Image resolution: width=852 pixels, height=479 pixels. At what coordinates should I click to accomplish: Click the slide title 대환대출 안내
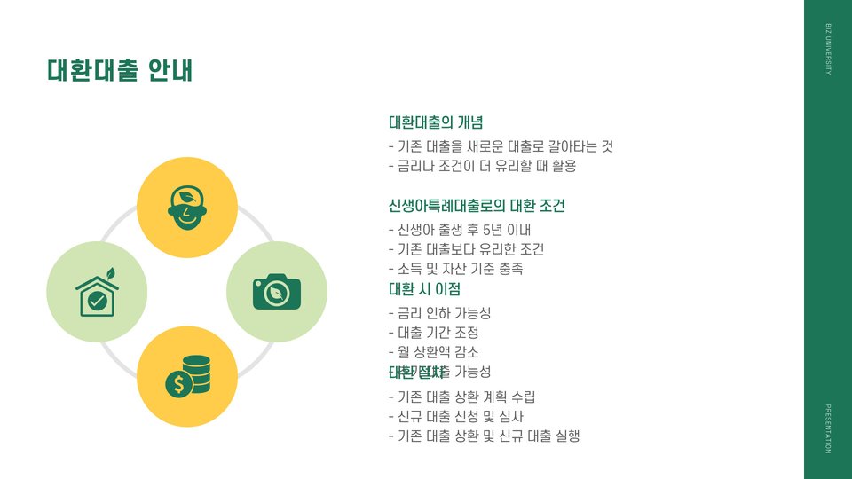tap(120, 70)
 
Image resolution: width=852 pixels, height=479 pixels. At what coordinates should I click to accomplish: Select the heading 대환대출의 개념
tap(435, 122)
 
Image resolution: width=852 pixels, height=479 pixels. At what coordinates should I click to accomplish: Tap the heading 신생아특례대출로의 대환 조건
tap(477, 206)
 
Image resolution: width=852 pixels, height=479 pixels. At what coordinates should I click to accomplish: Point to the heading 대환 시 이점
tap(424, 289)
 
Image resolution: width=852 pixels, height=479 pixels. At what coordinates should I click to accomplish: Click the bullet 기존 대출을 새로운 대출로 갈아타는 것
tap(501, 146)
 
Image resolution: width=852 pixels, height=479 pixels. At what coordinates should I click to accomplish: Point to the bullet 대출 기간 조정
tap(434, 333)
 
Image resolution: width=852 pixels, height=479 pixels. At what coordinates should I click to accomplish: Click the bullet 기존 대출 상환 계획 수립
tap(461, 397)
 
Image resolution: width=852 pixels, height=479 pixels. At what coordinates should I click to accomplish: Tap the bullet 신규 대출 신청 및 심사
tap(456, 416)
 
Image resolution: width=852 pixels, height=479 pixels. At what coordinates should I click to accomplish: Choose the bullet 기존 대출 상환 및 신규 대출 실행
tap(484, 436)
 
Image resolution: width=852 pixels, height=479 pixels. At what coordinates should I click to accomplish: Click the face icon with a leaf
tap(187, 208)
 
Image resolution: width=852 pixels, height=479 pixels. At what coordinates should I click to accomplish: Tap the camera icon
tap(277, 292)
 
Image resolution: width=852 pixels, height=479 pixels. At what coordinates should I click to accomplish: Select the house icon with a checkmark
tap(97, 292)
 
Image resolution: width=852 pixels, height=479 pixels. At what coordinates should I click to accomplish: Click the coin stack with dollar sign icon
tap(187, 376)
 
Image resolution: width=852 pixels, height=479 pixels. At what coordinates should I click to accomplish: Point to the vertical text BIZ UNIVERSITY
tap(828, 50)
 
